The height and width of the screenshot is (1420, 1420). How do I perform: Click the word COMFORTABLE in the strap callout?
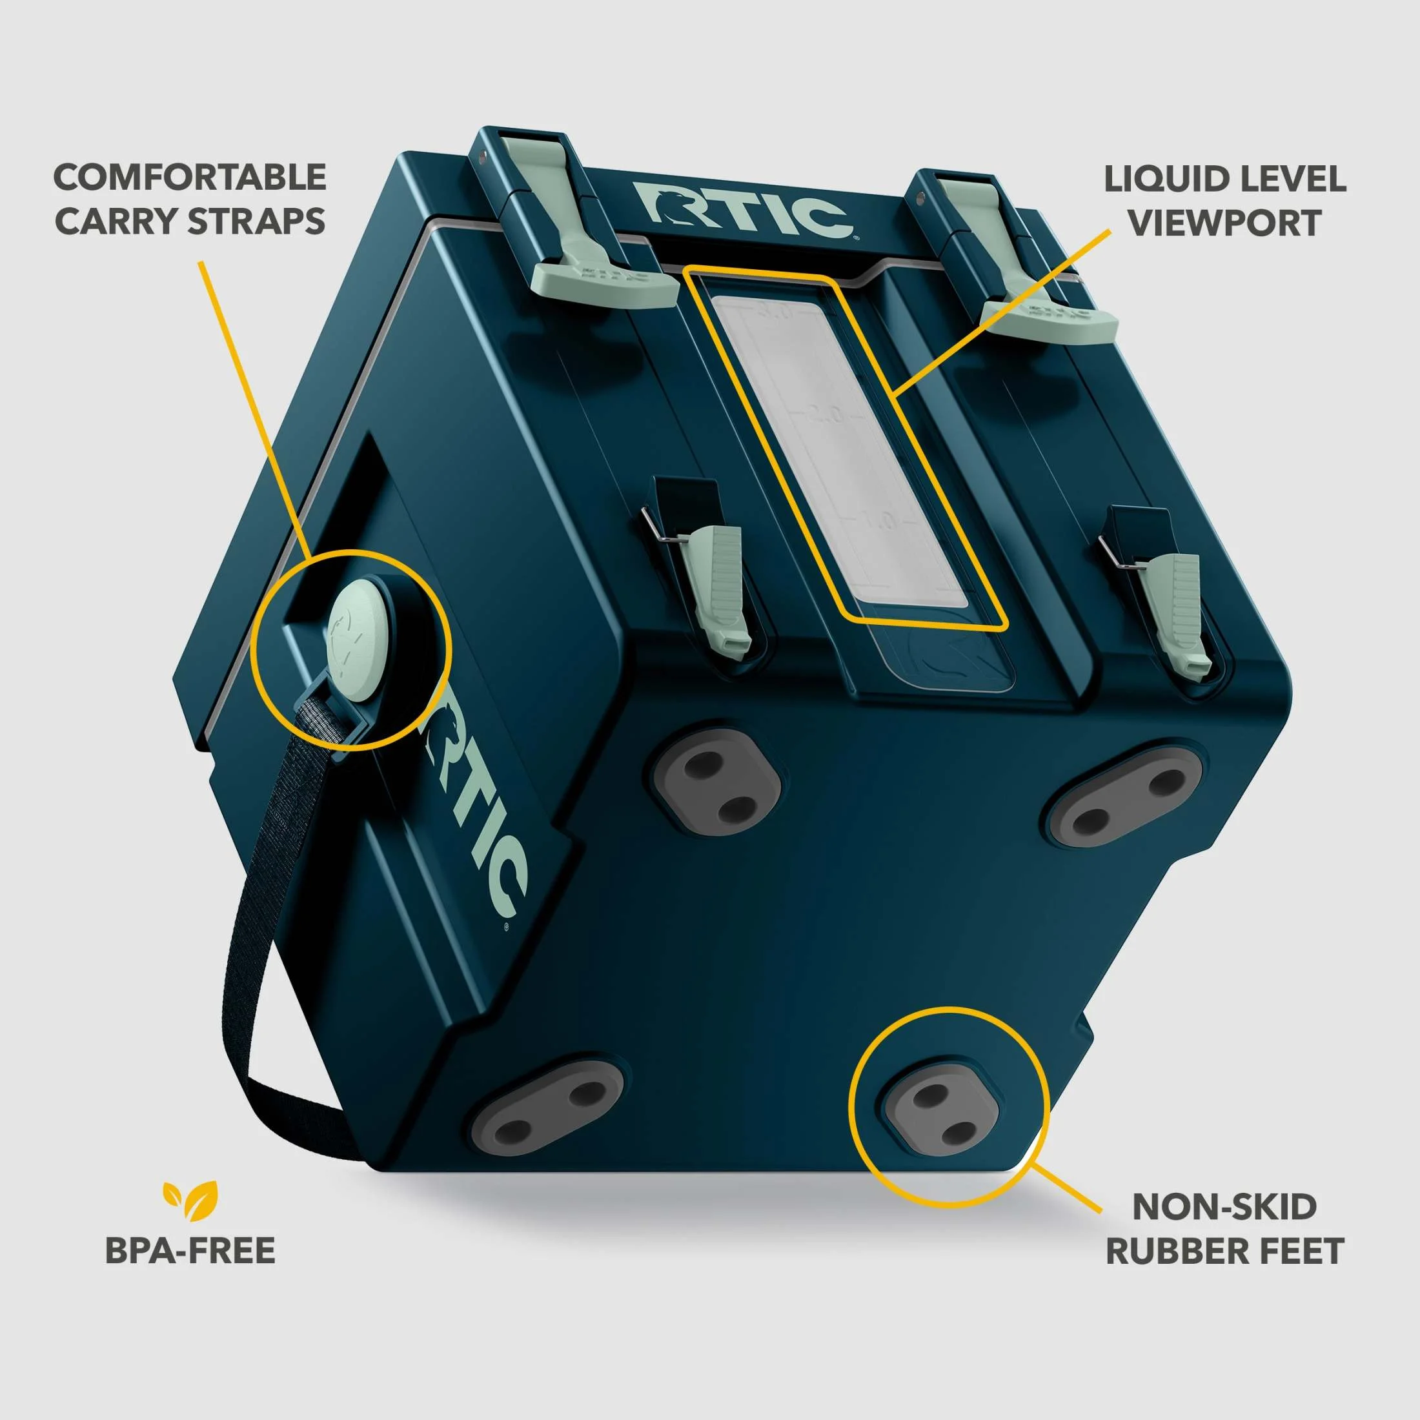(x=190, y=178)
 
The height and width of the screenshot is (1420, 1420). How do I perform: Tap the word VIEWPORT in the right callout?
(x=1225, y=223)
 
